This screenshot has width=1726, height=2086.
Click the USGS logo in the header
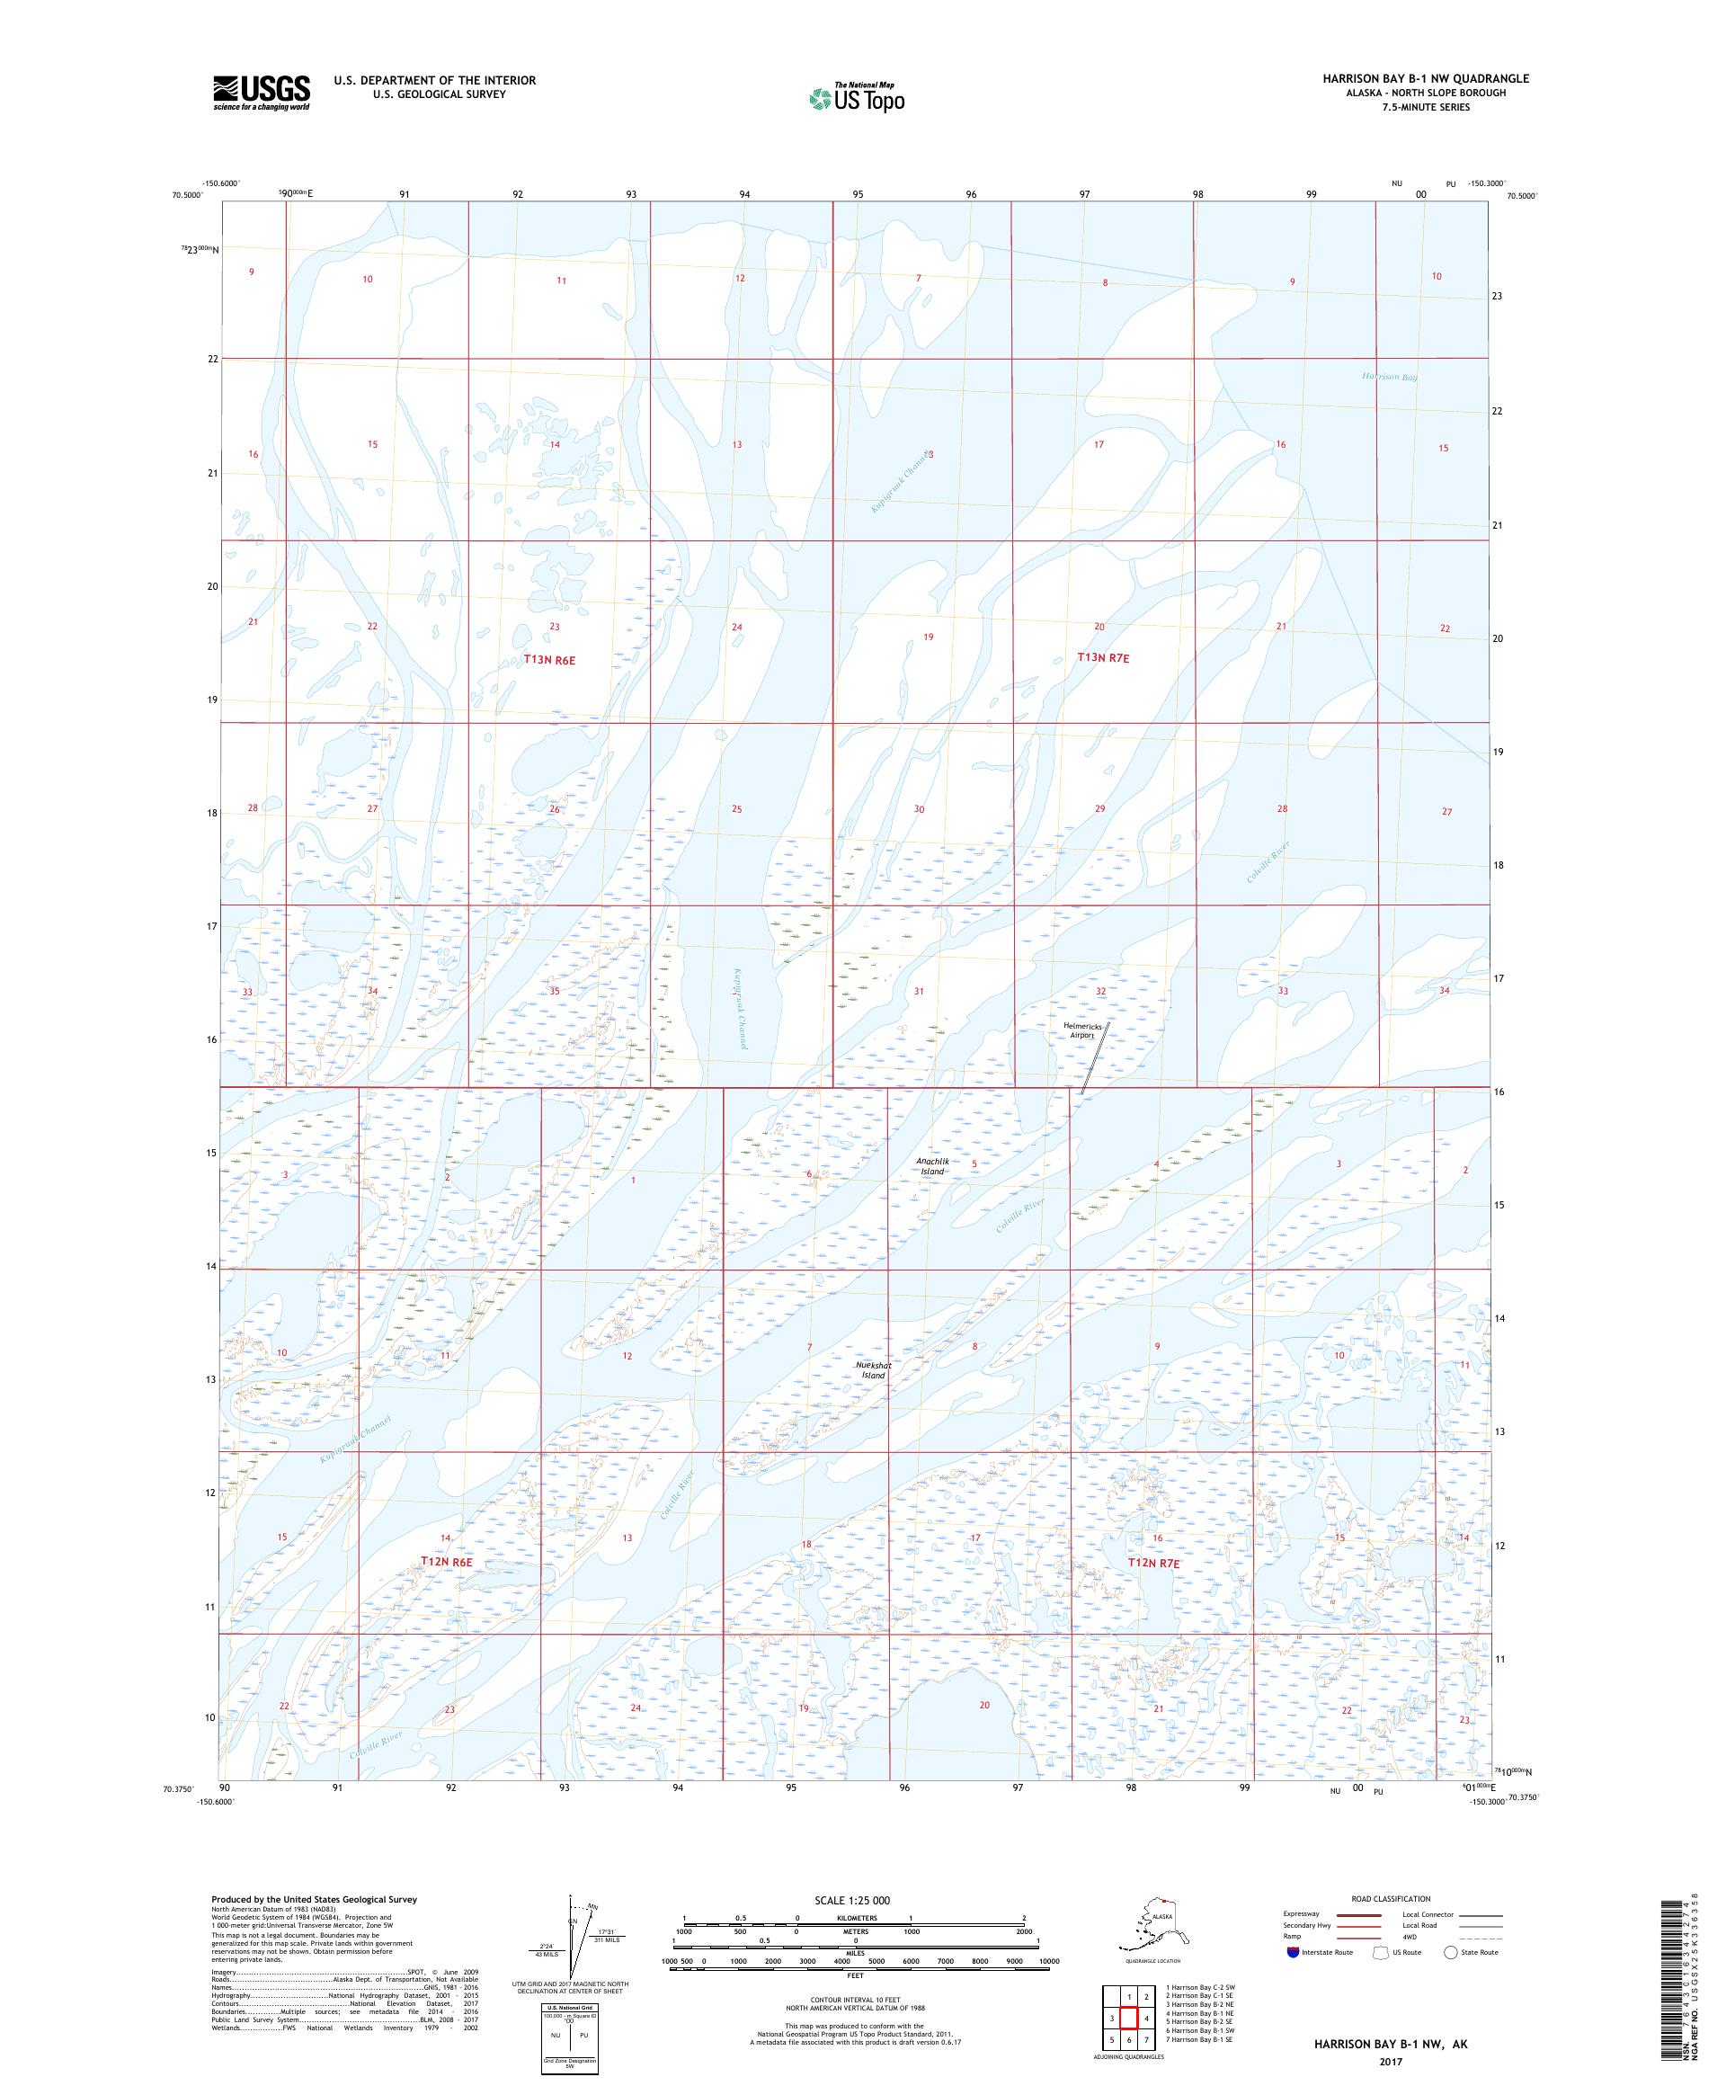(x=260, y=94)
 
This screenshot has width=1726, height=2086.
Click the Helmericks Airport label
(x=1082, y=1030)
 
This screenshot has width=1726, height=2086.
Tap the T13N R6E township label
(x=549, y=658)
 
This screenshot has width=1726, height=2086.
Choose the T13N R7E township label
(x=1103, y=657)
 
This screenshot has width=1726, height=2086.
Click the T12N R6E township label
(x=445, y=1562)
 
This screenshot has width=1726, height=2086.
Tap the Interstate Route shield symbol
(x=1292, y=1952)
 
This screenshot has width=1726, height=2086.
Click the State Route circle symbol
(x=1451, y=1952)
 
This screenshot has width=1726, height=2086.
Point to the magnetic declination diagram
(x=574, y=1945)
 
